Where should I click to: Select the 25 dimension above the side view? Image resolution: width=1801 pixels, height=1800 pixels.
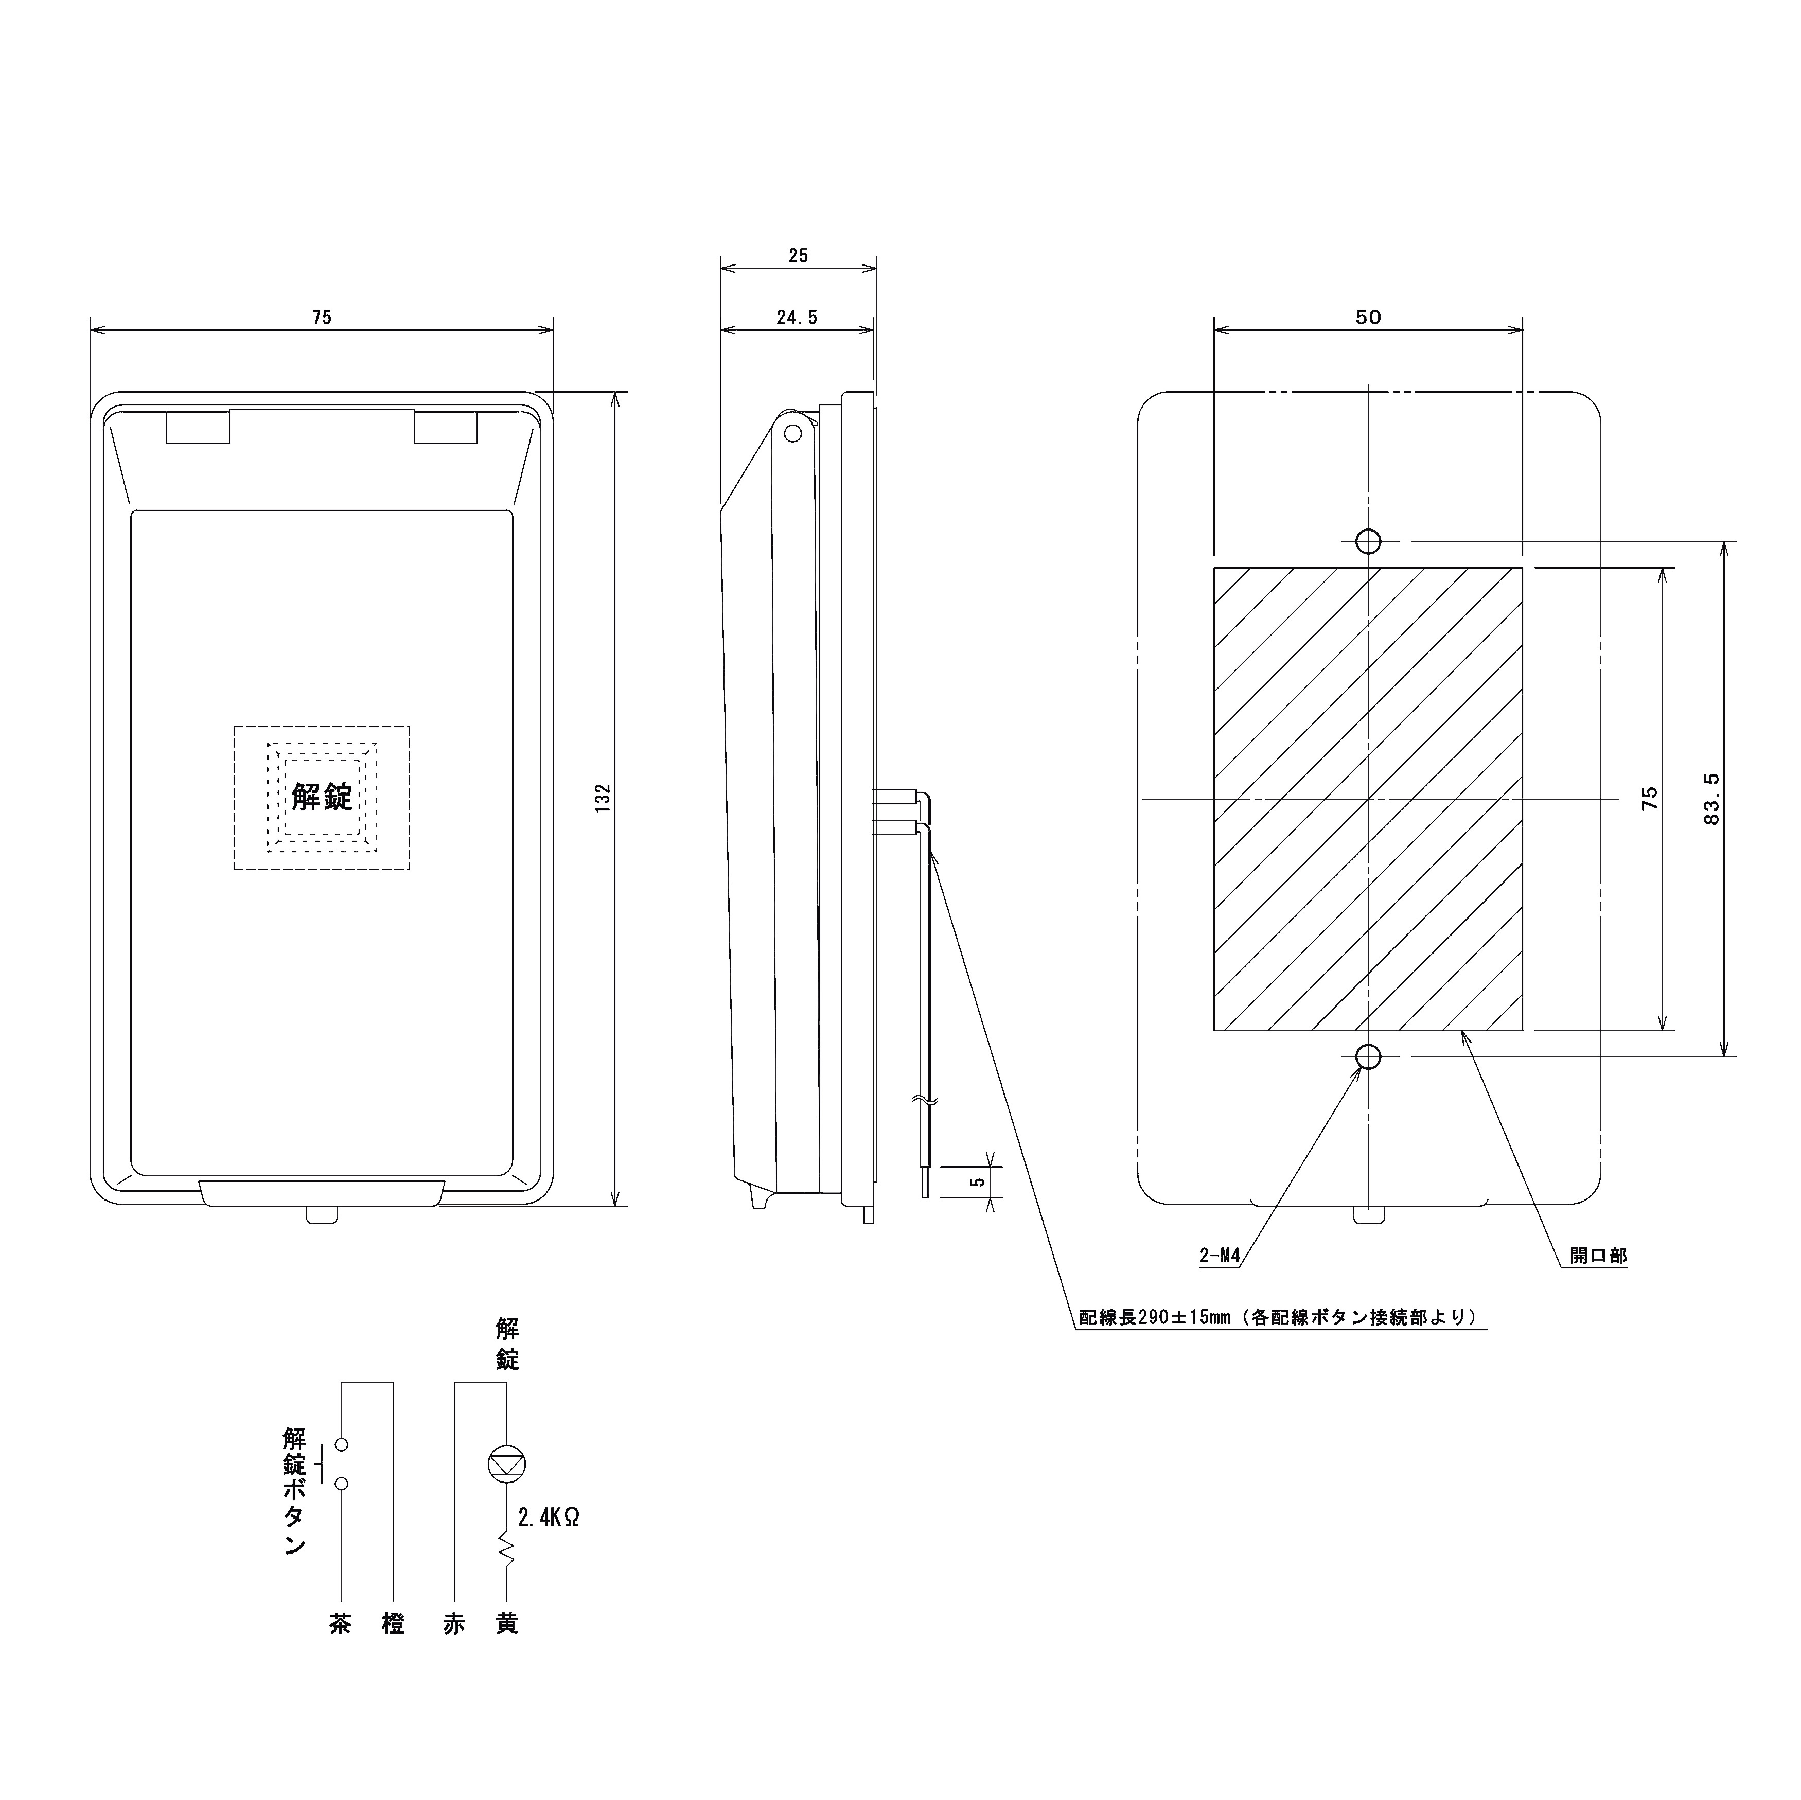tap(798, 255)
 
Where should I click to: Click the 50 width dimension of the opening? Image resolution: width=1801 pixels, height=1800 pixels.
tap(1368, 317)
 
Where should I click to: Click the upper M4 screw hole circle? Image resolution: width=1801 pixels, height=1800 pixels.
tap(1368, 541)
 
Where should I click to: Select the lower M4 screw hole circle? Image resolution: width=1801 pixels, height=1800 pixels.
tap(1368, 1056)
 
